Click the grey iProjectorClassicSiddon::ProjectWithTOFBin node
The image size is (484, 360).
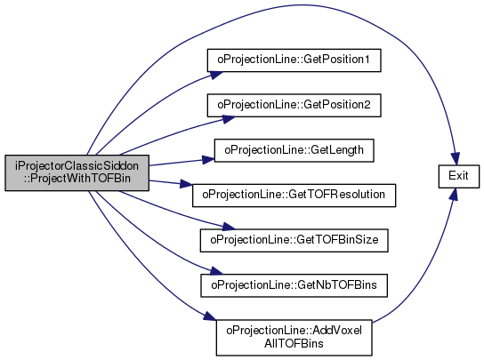click(77, 172)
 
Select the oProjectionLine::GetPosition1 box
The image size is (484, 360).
click(294, 60)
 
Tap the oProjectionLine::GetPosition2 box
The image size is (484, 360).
click(294, 105)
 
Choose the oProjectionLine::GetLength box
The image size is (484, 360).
click(294, 150)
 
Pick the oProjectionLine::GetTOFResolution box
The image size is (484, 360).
click(294, 196)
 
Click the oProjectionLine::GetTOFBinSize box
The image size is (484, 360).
click(294, 240)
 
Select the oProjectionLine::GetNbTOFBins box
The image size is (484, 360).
click(294, 285)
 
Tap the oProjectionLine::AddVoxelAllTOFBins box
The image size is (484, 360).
click(294, 338)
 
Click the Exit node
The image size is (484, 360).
click(459, 176)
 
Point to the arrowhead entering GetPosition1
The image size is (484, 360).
click(216, 75)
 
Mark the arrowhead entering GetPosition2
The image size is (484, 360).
click(229, 119)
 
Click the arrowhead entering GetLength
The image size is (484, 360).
click(208, 159)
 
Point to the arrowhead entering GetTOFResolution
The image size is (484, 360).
click(186, 184)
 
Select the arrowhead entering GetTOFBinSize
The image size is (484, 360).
click(229, 227)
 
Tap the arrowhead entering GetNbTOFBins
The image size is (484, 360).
click(216, 271)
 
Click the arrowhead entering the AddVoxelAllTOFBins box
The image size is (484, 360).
click(210, 316)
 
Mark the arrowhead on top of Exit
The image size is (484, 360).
click(456, 158)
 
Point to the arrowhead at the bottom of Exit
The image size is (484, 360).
click(454, 195)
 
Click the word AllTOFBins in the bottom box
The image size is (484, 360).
click(294, 343)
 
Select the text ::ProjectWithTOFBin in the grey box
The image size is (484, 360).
click(77, 179)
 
